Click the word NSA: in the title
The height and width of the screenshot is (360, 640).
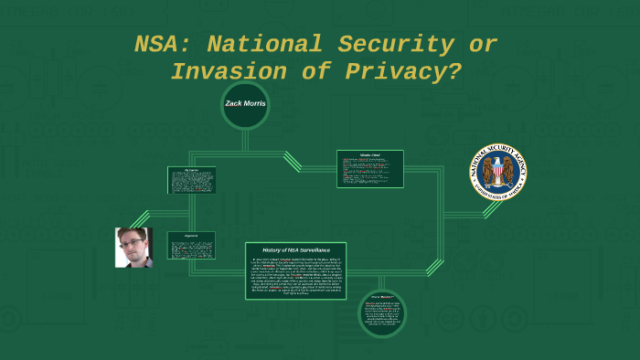[164, 44]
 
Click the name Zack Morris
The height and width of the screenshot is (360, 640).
[245, 103]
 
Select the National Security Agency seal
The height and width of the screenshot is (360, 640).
[498, 172]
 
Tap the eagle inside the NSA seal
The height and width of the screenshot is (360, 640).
[498, 171]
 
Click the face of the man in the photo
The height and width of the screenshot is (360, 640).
[133, 244]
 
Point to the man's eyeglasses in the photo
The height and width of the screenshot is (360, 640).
[133, 241]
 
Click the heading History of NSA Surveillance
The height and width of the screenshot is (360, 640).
[295, 250]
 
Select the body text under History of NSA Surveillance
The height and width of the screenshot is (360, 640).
[295, 278]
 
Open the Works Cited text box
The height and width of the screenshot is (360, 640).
[369, 169]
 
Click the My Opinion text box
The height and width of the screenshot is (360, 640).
[191, 180]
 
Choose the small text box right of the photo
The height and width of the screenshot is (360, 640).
[191, 244]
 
